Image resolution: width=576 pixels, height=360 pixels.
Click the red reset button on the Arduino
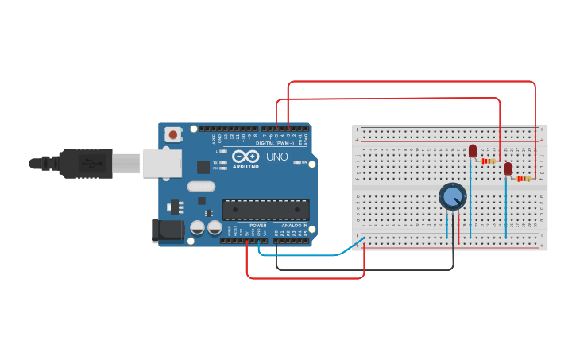(x=173, y=135)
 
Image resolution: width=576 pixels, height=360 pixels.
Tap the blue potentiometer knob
(x=453, y=196)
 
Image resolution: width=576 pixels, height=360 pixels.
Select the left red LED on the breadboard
(x=473, y=150)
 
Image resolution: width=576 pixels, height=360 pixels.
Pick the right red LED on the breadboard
(x=508, y=168)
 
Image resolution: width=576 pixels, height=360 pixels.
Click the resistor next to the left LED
(x=488, y=161)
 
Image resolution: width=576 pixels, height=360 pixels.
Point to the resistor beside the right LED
(x=523, y=179)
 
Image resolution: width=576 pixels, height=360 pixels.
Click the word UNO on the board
(x=277, y=157)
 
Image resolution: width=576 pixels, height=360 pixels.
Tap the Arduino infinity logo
(x=245, y=156)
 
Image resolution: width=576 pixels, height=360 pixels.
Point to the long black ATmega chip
(x=265, y=209)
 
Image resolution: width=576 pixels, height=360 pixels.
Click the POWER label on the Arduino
(x=258, y=226)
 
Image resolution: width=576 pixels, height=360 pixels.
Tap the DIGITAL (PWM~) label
(x=275, y=143)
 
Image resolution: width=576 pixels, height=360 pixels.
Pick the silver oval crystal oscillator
(x=201, y=187)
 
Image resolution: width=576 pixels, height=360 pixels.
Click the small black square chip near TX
(x=203, y=167)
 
